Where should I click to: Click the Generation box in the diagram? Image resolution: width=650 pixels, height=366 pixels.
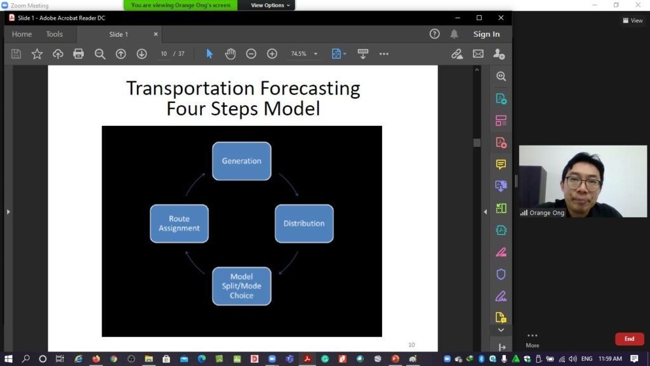point(242,161)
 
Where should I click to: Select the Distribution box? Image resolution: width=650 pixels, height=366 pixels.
point(304,223)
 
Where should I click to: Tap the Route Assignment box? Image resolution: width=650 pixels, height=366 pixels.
point(179,223)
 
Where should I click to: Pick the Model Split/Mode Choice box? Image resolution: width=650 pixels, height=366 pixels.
point(242,286)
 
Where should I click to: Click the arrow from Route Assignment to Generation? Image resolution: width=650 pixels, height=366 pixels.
point(194,184)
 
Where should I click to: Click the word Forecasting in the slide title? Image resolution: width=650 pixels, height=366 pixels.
point(310,88)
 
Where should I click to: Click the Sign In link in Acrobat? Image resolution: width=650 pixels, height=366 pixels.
point(486,34)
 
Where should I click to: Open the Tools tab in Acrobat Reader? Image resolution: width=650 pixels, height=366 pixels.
point(55,34)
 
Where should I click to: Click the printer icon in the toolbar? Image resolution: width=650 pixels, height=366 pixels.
point(78,53)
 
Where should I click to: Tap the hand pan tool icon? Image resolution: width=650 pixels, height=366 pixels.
point(230,53)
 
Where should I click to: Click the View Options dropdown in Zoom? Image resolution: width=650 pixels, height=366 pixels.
point(270,5)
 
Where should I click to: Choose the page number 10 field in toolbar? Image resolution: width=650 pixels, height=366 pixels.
point(164,53)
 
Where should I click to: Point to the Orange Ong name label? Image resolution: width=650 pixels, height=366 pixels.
point(547,213)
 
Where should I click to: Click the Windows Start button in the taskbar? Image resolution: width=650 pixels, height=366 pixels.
point(8,358)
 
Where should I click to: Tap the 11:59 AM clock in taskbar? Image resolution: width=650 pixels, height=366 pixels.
point(610,358)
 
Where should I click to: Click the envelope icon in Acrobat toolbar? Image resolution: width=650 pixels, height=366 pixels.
point(478,53)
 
